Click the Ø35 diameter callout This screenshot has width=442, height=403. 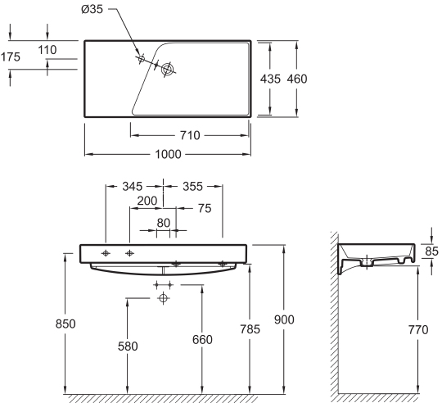tap(92, 9)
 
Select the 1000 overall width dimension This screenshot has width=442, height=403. tap(169, 154)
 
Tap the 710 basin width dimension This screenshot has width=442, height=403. tap(190, 135)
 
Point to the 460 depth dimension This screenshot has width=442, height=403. tap(297, 79)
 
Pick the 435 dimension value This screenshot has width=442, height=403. tap(270, 79)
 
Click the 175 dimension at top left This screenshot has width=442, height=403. tap(11, 57)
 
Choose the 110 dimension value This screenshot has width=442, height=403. tap(47, 50)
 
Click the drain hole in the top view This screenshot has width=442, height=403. tap(168, 69)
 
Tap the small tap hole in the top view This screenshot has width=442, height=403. tap(142, 59)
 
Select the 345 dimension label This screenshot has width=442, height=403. tap(133, 186)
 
